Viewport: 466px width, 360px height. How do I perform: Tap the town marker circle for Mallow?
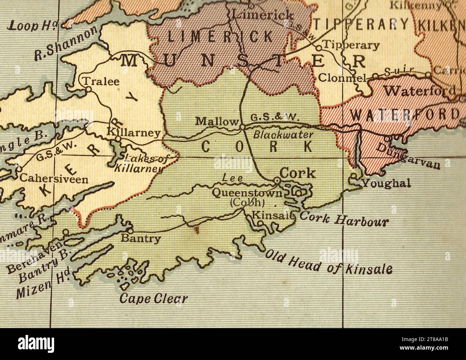pyautogui.click(x=242, y=127)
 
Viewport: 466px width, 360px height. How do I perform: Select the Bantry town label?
pyautogui.click(x=141, y=238)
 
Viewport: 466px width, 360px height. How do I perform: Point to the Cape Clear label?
pyautogui.click(x=153, y=298)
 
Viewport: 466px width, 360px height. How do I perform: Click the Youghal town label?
pyautogui.click(x=386, y=183)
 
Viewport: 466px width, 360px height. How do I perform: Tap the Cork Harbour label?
pyautogui.click(x=344, y=219)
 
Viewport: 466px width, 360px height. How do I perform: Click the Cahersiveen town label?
pyautogui.click(x=54, y=178)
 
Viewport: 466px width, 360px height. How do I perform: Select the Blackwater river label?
pyautogui.click(x=283, y=135)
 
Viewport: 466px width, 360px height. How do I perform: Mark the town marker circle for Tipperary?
pyautogui.click(x=318, y=47)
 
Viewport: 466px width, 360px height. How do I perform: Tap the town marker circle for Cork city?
pyautogui.click(x=277, y=180)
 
